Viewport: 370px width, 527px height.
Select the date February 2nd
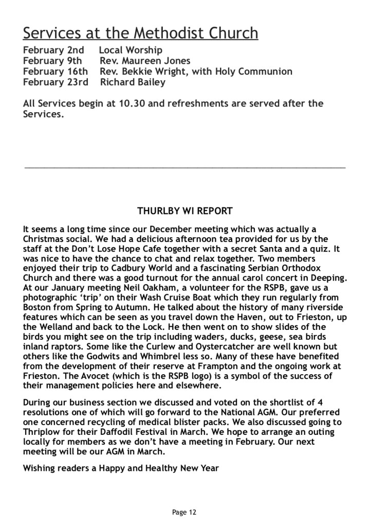(53, 50)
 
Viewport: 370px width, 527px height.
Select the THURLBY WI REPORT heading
(185, 211)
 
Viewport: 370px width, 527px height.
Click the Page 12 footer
(184, 512)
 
